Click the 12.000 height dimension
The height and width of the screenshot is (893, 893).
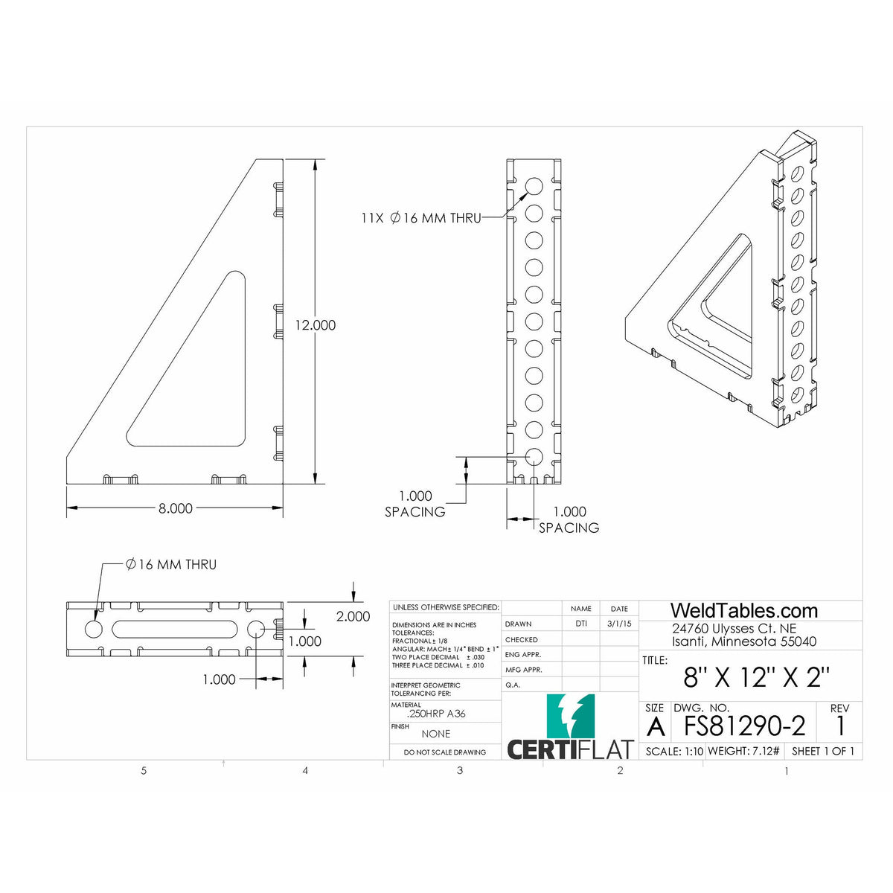315,325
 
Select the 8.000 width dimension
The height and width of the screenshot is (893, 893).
175,508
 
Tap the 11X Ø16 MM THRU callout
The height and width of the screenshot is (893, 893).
420,218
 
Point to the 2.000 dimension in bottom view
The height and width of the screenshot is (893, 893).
353,616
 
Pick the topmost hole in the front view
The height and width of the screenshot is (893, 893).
534,186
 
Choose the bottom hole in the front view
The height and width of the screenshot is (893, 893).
534,457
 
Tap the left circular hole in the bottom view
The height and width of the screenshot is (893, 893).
94,629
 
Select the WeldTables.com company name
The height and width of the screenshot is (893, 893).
744,611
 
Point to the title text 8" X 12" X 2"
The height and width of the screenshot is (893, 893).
756,677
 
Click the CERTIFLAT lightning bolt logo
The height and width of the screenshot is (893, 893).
570,717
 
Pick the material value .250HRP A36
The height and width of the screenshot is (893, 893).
436,714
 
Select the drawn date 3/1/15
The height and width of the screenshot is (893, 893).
618,624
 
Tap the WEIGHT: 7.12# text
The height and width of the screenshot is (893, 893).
743,751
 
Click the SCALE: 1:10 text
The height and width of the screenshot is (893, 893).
674,751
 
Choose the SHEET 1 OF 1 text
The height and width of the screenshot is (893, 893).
822,751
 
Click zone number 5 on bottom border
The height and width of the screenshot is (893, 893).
144,771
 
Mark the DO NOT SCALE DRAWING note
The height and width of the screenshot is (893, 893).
444,752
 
